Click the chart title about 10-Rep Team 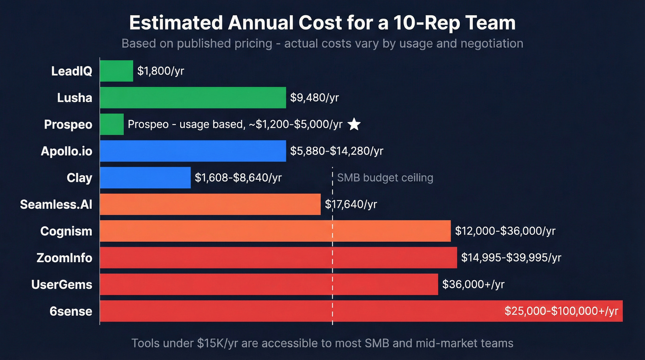322,23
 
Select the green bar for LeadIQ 117,71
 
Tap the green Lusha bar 193,98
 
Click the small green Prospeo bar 112,124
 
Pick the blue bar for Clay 145,178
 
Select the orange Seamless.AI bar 210,204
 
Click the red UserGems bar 269,284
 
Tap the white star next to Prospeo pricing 354,124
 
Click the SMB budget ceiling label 385,178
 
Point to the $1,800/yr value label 161,71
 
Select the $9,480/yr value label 315,98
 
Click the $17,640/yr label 351,204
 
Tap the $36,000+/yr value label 473,284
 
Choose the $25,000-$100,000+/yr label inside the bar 561,311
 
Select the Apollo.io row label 66,151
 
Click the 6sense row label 71,311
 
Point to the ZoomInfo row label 64,258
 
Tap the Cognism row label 66,231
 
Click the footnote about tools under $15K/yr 322,343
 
